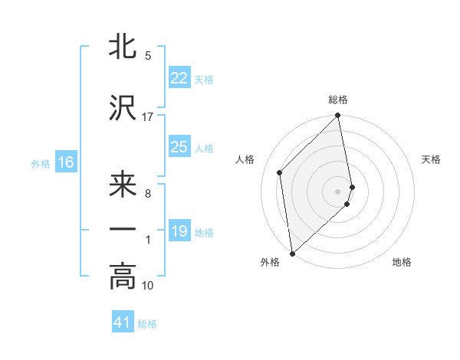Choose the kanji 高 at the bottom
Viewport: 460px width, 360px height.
tap(123, 277)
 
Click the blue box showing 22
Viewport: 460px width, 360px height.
tap(179, 78)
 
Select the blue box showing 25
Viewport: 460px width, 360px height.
tap(179, 147)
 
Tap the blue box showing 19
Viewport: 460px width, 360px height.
tap(179, 231)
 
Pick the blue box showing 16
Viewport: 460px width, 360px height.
tap(65, 162)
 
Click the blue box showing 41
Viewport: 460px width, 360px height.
tap(123, 323)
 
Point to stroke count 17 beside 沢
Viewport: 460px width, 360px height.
tap(148, 116)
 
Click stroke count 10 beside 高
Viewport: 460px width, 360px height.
tap(148, 286)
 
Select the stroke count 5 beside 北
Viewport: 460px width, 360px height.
tap(148, 56)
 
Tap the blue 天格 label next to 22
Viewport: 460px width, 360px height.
tap(204, 80)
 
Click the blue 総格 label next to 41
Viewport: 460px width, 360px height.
tap(147, 325)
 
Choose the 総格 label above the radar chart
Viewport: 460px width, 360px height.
tap(338, 100)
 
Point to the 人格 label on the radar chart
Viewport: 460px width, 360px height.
tap(245, 159)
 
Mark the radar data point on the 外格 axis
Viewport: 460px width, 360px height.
tap(292, 253)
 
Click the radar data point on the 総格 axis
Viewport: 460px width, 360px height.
tap(338, 116)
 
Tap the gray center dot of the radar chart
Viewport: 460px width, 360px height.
tap(338, 191)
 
